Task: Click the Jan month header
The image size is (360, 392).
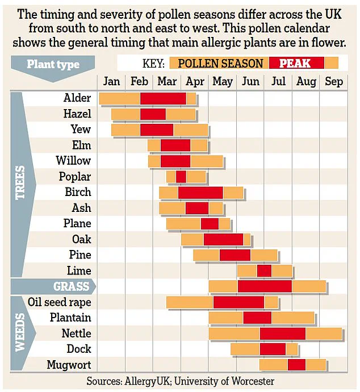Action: click(x=112, y=82)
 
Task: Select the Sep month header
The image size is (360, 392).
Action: click(x=334, y=82)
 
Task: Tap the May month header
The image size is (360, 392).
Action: click(x=223, y=82)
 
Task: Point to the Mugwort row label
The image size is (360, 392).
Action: click(x=69, y=365)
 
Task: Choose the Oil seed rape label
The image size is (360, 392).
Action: click(x=59, y=302)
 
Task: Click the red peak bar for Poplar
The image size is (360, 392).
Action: click(x=181, y=177)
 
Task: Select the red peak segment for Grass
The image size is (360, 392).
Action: click(x=265, y=286)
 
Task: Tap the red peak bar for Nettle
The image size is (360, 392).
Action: click(x=282, y=333)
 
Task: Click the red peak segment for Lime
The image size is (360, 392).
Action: click(x=264, y=270)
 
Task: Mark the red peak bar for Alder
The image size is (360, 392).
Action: click(x=163, y=98)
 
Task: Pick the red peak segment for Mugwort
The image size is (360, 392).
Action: click(x=296, y=365)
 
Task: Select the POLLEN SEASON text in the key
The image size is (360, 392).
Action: click(x=221, y=63)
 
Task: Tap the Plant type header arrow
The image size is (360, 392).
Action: click(x=53, y=64)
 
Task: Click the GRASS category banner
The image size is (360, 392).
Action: click(x=72, y=286)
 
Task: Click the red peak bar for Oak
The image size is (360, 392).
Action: click(x=223, y=239)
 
